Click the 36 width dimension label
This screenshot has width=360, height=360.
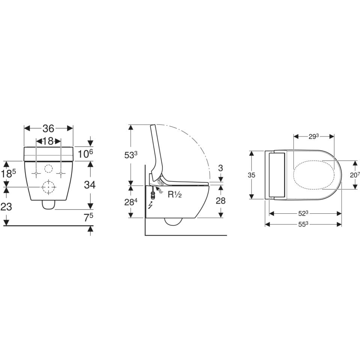pyautogui.click(x=48, y=129)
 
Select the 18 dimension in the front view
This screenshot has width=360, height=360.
pyautogui.click(x=48, y=141)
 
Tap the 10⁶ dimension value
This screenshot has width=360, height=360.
pyautogui.click(x=85, y=154)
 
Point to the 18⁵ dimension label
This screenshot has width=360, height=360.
pyautogui.click(x=9, y=174)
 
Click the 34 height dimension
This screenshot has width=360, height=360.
pyautogui.click(x=90, y=184)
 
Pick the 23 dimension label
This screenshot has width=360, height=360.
pyautogui.click(x=6, y=207)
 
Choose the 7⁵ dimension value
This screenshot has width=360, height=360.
pyautogui.click(x=88, y=217)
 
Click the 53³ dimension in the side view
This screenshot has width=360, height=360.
pyautogui.click(x=130, y=155)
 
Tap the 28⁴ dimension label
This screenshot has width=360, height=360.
pyautogui.click(x=130, y=202)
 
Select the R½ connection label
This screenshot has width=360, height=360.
pyautogui.click(x=175, y=195)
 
